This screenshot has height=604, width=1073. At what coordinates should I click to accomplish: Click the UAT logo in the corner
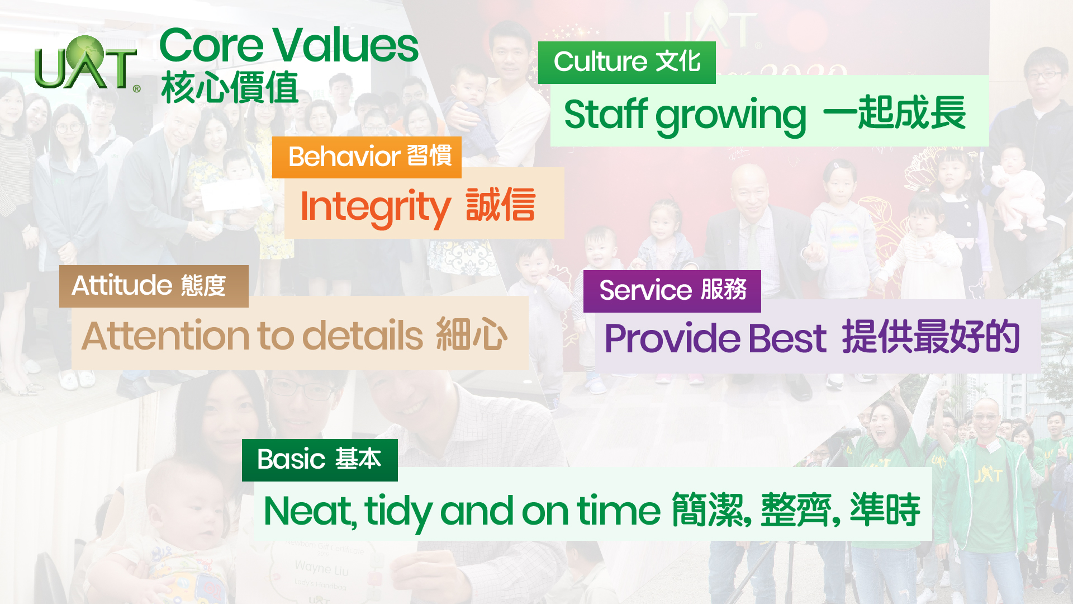click(87, 63)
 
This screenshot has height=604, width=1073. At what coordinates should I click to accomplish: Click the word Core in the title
click(211, 45)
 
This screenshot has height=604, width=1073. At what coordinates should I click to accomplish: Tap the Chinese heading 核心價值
click(230, 87)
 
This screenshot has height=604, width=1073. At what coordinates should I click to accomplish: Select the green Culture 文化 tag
click(626, 62)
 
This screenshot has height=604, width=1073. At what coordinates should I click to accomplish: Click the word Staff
click(606, 114)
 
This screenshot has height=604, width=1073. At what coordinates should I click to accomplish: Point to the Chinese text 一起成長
click(894, 112)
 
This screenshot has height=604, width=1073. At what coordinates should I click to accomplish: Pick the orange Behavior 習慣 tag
click(367, 157)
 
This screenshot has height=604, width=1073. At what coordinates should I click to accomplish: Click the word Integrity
click(375, 207)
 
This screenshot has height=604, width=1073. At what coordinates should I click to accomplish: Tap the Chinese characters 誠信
click(500, 205)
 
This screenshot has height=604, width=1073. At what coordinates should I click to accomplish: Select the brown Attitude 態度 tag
click(154, 286)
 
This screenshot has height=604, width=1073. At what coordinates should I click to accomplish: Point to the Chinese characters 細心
click(472, 334)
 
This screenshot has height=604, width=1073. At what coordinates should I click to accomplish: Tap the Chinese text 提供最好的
click(930, 337)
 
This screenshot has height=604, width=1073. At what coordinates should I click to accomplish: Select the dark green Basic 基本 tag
click(320, 460)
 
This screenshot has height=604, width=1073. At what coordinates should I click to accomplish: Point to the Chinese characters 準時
click(885, 509)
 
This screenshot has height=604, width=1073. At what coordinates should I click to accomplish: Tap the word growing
click(731, 116)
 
